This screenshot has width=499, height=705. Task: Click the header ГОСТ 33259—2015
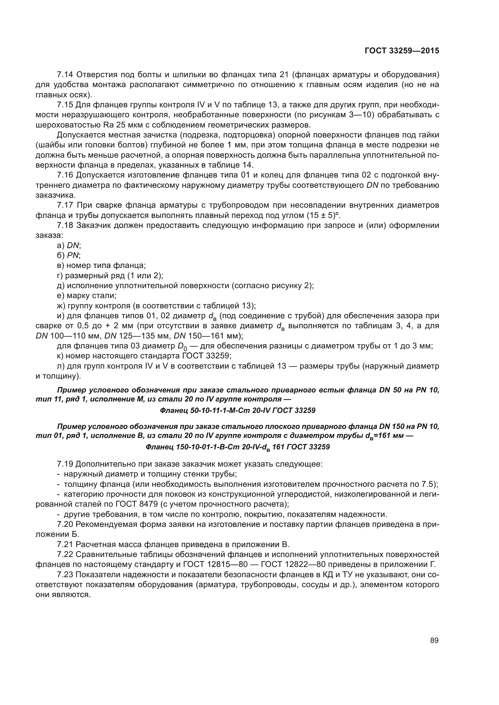click(402, 51)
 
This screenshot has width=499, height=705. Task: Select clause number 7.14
click(65, 75)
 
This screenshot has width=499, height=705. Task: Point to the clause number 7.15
click(65, 105)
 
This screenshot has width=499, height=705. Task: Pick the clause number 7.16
click(65, 175)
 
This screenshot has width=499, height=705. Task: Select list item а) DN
click(69, 245)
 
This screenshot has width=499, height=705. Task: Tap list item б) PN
click(69, 255)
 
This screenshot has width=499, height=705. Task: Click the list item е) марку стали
click(86, 296)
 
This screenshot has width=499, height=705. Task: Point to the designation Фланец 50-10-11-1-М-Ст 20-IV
click(237, 410)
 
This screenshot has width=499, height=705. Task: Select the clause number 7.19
click(65, 464)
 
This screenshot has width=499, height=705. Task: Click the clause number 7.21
click(65, 544)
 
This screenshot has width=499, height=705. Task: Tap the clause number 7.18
click(65, 225)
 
